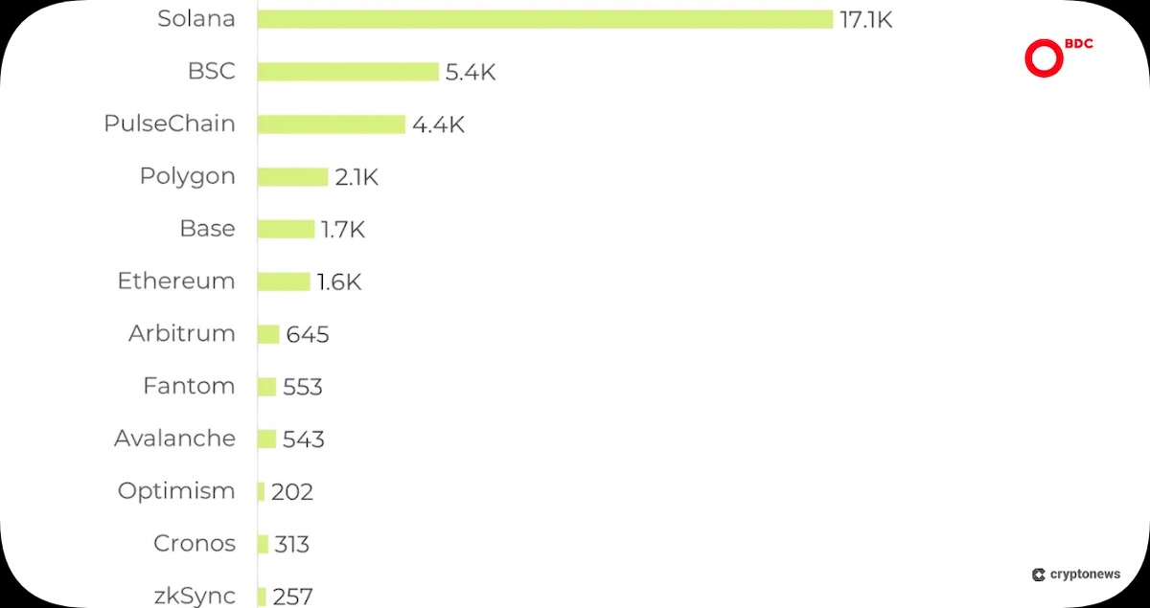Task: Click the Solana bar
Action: [x=544, y=19]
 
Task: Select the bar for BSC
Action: [x=348, y=72]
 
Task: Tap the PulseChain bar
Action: [x=332, y=124]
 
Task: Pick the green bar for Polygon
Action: [x=292, y=177]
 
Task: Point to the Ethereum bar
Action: [x=284, y=281]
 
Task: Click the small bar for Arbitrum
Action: [x=268, y=334]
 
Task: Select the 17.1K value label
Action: [x=866, y=20]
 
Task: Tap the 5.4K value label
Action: [x=471, y=73]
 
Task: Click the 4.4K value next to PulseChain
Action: [x=438, y=124]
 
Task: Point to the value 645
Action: [x=308, y=334]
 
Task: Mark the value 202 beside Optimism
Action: [x=292, y=492]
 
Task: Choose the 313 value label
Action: [x=291, y=545]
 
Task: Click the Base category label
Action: [x=207, y=228]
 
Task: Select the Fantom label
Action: [x=189, y=386]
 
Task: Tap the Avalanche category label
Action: [x=174, y=439]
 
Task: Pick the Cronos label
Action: [x=194, y=543]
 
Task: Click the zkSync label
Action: [x=195, y=597]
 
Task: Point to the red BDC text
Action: [x=1079, y=44]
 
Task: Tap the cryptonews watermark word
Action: [x=1085, y=574]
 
